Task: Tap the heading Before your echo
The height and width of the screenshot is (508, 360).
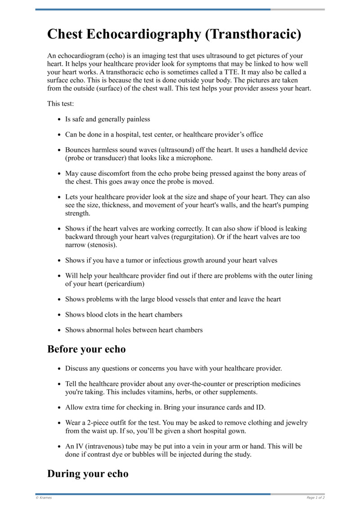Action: [x=86, y=349]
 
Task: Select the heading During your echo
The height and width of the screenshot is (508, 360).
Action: [x=88, y=473]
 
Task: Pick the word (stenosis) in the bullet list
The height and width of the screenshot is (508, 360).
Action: [x=102, y=245]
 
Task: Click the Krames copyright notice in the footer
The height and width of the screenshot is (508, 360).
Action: [x=44, y=498]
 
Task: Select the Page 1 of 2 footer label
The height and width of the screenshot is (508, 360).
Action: [x=315, y=498]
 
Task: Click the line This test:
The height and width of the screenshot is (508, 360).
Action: [x=61, y=104]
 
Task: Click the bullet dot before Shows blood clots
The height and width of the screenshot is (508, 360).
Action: [x=59, y=315]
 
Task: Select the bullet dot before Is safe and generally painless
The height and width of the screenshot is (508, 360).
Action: [x=59, y=120]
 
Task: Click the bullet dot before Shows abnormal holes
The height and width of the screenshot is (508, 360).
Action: [x=59, y=330]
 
